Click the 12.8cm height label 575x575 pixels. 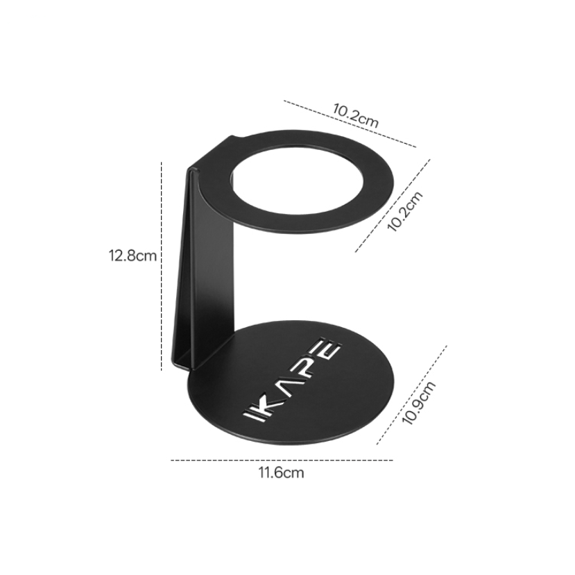[132, 255]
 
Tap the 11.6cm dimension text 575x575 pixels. [281, 474]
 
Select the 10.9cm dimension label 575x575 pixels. [419, 401]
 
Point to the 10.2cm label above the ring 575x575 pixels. [355, 114]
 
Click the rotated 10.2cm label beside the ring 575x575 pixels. [404, 211]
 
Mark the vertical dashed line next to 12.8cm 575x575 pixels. [162, 264]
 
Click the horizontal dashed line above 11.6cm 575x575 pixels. [281, 460]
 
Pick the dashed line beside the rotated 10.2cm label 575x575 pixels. [393, 205]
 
